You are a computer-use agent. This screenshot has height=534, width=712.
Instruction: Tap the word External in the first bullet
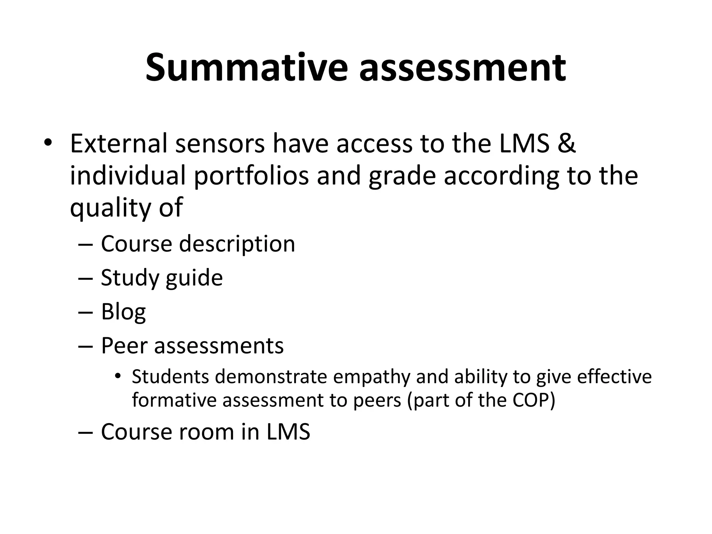tap(119, 143)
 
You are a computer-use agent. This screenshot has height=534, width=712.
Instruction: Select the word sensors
tap(220, 143)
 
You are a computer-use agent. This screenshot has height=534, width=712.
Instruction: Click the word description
tap(237, 244)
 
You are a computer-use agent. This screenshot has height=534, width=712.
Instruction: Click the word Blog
tap(123, 312)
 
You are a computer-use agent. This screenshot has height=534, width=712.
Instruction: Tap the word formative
tap(175, 400)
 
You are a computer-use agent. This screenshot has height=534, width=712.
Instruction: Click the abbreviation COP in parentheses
tap(531, 400)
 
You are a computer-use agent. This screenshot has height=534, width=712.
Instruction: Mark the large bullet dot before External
tap(48, 144)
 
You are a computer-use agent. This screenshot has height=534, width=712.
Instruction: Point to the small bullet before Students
tap(118, 377)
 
